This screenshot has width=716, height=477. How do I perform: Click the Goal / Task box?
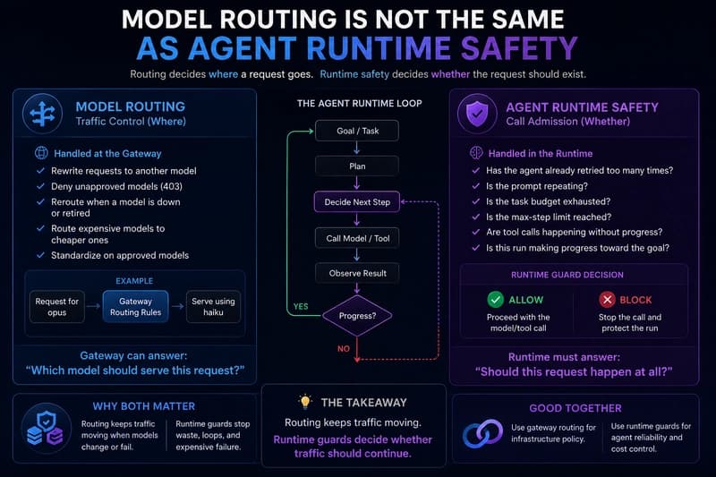click(x=356, y=131)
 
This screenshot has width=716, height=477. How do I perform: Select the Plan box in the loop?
click(x=356, y=166)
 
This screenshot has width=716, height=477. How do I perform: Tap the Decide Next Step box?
click(x=356, y=201)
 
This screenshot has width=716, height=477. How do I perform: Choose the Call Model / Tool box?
click(x=356, y=238)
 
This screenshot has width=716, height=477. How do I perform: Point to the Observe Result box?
click(x=356, y=273)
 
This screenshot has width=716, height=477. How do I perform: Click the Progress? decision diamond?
click(x=357, y=315)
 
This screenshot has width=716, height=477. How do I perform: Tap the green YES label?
click(x=301, y=306)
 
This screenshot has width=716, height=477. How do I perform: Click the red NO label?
click(x=344, y=349)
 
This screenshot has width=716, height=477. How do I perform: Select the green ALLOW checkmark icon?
click(x=496, y=300)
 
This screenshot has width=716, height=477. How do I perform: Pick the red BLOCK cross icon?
click(x=608, y=300)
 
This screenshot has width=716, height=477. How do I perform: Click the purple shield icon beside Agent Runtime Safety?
click(x=477, y=114)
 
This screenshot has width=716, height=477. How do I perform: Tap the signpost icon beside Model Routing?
click(x=42, y=114)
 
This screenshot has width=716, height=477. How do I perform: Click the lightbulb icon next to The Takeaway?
click(x=305, y=402)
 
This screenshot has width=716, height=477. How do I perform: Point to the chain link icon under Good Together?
click(x=482, y=433)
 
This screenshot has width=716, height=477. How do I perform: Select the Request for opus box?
click(x=57, y=307)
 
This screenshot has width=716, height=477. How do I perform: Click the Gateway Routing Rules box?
click(x=136, y=307)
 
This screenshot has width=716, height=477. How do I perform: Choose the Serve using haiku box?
click(x=213, y=307)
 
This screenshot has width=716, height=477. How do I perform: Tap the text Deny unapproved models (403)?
click(x=116, y=186)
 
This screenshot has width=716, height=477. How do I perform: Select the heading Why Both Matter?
click(x=144, y=406)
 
